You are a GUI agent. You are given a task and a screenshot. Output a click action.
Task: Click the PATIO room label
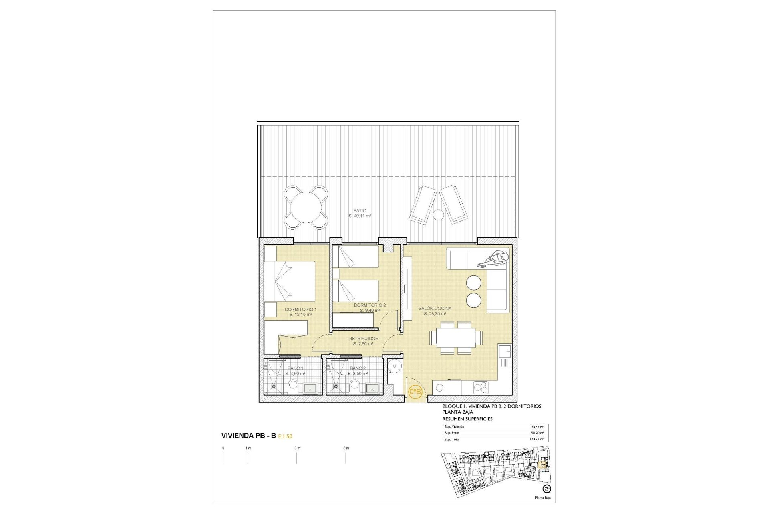pyautogui.click(x=360, y=210)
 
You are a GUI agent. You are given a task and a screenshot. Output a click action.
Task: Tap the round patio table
pyautogui.click(x=306, y=207)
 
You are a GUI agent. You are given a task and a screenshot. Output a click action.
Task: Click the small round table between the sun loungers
pyautogui.click(x=439, y=215)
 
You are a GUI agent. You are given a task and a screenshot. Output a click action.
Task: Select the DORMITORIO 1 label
pyautogui.click(x=300, y=309)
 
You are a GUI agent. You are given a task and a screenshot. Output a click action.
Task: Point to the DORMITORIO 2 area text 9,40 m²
pyautogui.click(x=370, y=311)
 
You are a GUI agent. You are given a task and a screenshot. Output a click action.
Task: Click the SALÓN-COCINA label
pyautogui.click(x=435, y=308)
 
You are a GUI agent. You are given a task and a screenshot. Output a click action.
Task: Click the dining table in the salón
pyautogui.click(x=456, y=338)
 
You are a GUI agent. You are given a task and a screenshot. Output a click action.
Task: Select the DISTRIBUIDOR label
pyautogui.click(x=363, y=339)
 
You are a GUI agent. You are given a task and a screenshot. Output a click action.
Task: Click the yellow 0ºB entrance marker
pyautogui.click(x=415, y=391)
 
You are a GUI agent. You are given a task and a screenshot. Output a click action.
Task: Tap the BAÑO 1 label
pyautogui.click(x=295, y=368)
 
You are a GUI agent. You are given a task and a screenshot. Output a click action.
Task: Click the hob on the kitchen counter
pyautogui.click(x=481, y=387)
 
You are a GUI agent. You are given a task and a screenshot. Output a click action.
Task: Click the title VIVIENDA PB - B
pyautogui.click(x=248, y=436)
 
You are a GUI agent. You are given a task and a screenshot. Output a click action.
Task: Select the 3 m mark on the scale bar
pyautogui.click(x=297, y=448)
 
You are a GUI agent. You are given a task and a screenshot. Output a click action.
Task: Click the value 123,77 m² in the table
pyautogui.click(x=536, y=439)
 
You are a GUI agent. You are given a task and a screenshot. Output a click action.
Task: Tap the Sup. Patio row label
pyautogui.click(x=452, y=433)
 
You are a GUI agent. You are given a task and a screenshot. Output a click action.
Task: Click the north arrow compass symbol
pyautogui.click(x=546, y=489)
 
